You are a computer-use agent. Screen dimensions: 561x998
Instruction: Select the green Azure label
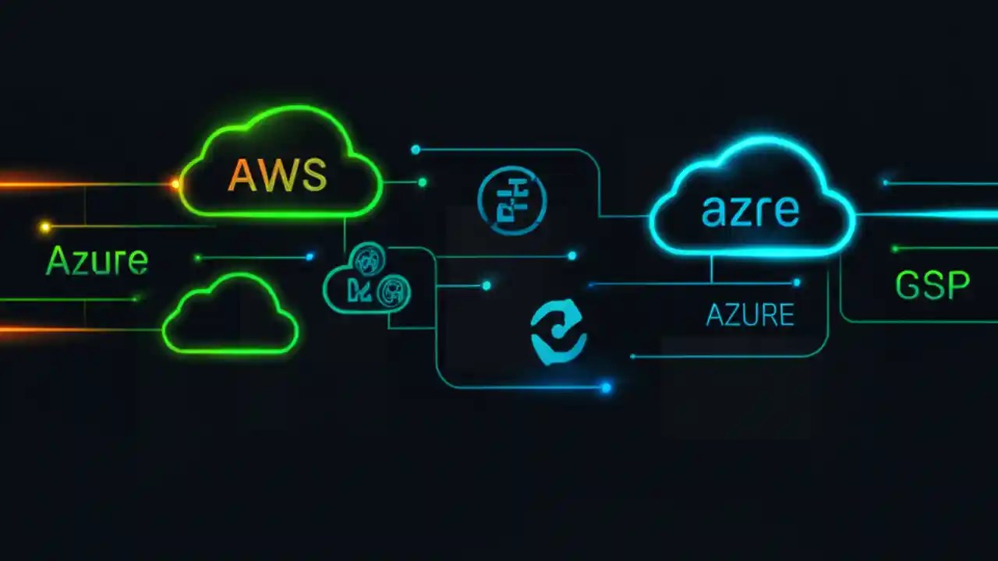pos(97,260)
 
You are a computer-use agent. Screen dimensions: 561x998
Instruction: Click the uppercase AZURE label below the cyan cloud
pos(750,315)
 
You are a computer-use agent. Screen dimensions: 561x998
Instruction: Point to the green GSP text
pos(933,286)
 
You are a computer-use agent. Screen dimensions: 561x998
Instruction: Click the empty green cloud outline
pos(230,315)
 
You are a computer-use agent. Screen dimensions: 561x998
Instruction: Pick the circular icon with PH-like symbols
pos(512,201)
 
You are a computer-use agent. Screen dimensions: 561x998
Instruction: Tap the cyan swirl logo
pos(558,332)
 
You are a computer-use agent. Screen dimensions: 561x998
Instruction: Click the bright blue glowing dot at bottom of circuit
pos(606,386)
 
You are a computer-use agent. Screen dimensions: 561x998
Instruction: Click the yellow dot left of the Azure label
pos(45,227)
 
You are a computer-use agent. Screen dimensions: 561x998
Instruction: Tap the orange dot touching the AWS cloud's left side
pos(175,185)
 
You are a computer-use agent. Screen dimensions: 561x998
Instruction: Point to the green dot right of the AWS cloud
pos(422,182)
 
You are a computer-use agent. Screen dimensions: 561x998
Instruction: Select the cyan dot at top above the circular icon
pos(416,149)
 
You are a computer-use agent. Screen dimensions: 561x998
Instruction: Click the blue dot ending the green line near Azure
pos(310,256)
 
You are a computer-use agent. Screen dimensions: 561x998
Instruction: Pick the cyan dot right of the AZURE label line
pos(796,283)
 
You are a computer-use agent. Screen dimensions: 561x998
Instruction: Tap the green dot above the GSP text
pos(895,249)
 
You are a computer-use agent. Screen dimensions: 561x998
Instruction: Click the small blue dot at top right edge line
pos(885,182)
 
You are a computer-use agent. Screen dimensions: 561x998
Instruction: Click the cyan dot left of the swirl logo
pos(486,286)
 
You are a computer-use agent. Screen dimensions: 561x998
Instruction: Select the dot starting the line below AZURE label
pos(632,356)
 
